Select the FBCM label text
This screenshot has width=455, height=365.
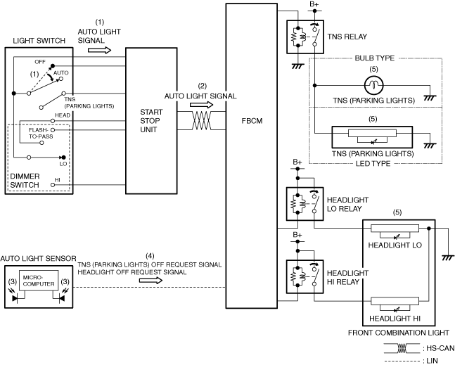click(252, 121)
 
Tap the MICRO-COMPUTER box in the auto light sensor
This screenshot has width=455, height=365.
click(39, 281)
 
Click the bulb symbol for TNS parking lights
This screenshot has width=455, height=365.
click(373, 85)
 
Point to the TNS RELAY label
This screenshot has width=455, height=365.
click(347, 37)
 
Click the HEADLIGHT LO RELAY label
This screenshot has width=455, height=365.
click(347, 204)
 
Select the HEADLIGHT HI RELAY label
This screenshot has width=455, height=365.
click(347, 277)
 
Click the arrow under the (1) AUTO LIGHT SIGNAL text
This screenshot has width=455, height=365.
click(100, 50)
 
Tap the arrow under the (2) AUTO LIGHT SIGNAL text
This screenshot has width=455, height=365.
click(201, 105)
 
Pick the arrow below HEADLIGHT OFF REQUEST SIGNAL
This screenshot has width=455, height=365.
click(150, 281)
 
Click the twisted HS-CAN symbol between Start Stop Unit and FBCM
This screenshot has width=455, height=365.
click(201, 120)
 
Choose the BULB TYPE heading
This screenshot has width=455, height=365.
click(375, 58)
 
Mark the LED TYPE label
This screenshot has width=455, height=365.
click(373, 164)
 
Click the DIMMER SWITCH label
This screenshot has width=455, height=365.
click(25, 181)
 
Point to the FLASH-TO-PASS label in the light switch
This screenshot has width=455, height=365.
click(41, 133)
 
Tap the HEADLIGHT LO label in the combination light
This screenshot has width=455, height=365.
click(395, 245)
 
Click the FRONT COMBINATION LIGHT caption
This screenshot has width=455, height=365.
click(399, 333)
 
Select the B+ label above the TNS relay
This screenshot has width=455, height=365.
click(314, 4)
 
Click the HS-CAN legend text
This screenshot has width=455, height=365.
click(438, 348)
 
